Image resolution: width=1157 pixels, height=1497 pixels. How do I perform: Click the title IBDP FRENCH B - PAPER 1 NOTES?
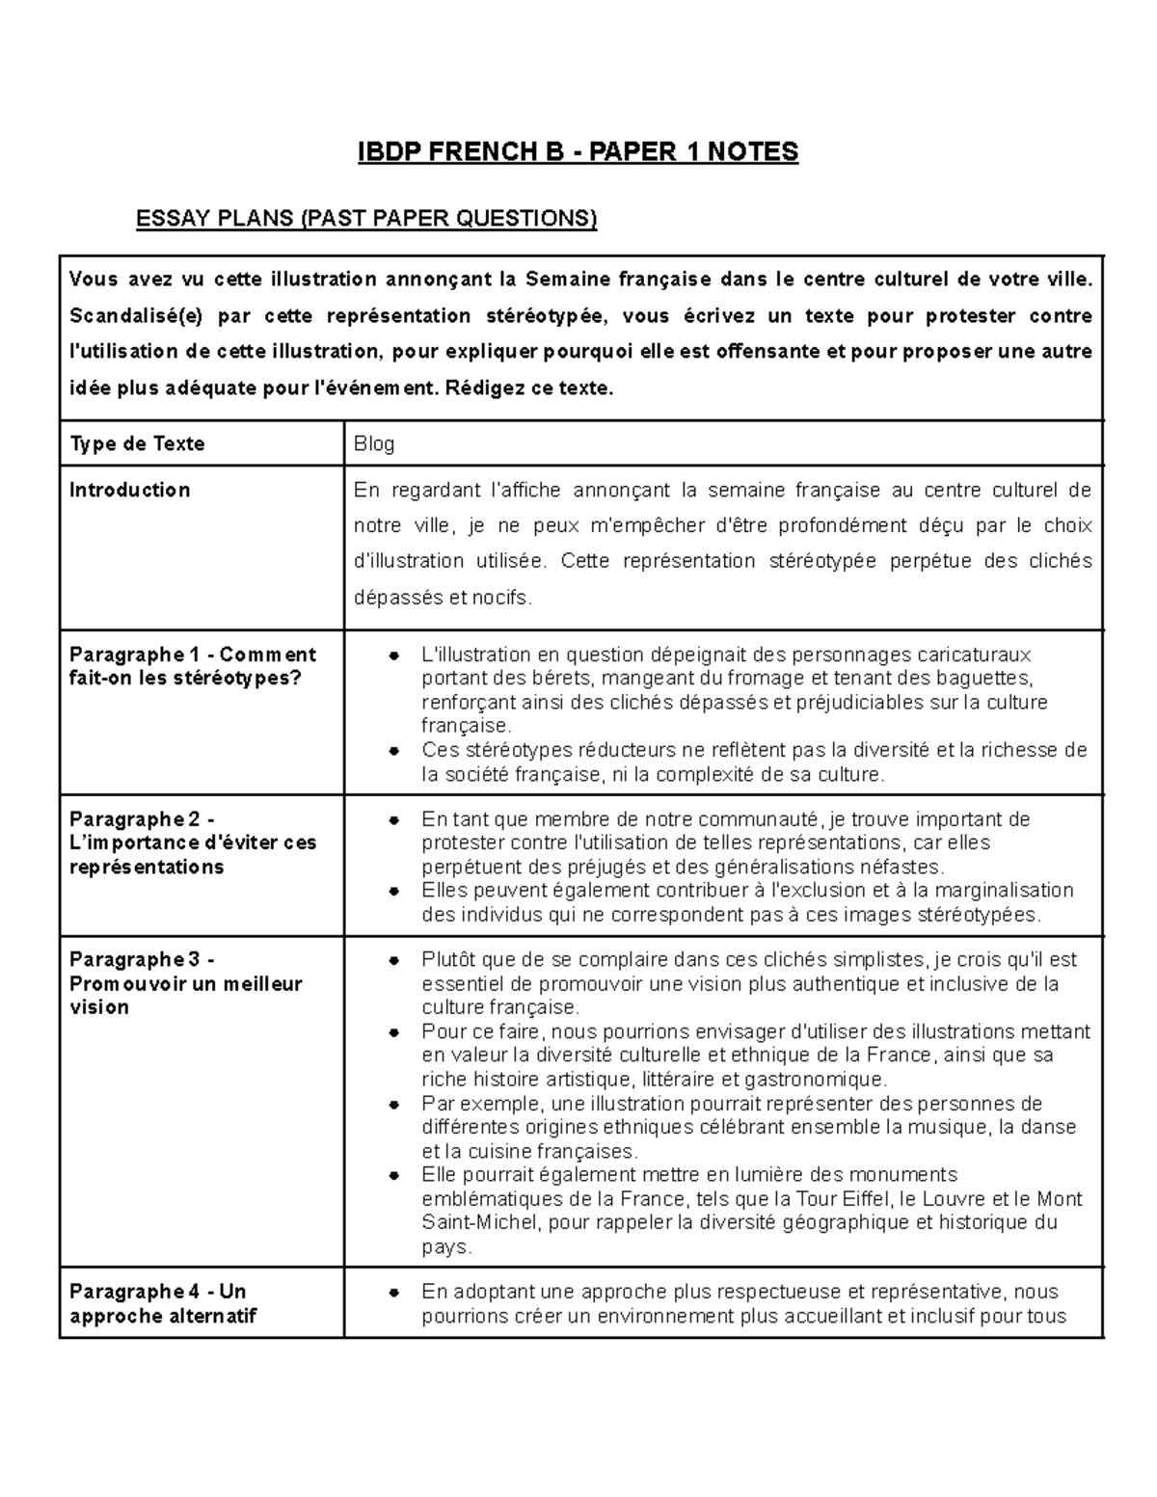(578, 151)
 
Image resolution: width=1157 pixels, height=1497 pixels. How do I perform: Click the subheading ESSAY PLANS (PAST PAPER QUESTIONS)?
(366, 219)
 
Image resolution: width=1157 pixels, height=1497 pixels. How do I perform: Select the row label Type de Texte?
(137, 443)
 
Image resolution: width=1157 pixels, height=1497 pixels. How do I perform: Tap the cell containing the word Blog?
(374, 444)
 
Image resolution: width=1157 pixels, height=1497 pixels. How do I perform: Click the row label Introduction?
(129, 490)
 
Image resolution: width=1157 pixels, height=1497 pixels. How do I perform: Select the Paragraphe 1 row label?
(192, 666)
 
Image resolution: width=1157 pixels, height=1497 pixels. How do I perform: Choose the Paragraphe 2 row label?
(192, 842)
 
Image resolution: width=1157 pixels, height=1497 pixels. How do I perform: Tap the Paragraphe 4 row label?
(162, 1303)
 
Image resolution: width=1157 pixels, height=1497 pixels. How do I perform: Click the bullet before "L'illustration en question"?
(393, 655)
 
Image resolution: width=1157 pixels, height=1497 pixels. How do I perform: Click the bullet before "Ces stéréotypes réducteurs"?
(393, 751)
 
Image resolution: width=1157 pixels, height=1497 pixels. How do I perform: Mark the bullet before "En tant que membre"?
(393, 820)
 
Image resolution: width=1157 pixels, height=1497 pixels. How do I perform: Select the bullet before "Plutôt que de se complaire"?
(393, 961)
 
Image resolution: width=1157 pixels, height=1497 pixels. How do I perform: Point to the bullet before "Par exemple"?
(393, 1105)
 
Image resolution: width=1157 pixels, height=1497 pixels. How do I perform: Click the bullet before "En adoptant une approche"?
(393, 1293)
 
